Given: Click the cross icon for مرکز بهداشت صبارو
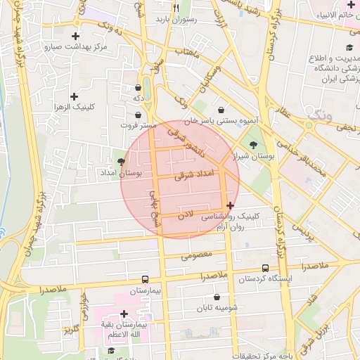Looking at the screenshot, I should [75, 36].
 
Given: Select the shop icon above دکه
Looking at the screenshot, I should [138, 88].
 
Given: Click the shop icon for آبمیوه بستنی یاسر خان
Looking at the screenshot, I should [222, 110].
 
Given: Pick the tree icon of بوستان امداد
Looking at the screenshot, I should [122, 162].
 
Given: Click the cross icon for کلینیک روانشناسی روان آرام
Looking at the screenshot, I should [231, 205].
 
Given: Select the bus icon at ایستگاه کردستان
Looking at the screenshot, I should [265, 268].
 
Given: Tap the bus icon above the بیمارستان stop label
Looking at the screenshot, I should [146, 278].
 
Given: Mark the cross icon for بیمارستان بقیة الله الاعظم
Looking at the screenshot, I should [124, 314].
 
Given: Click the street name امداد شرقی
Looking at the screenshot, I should [191, 174].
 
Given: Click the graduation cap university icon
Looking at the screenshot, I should [349, 48].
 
